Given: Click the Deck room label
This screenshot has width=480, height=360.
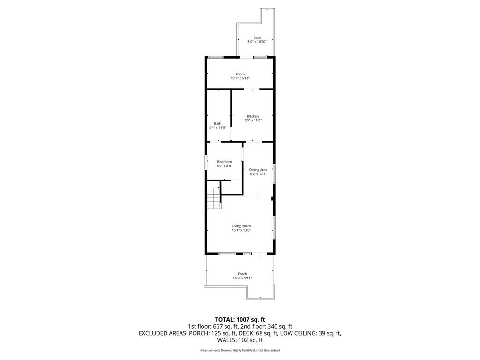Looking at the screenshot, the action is click(x=257, y=37).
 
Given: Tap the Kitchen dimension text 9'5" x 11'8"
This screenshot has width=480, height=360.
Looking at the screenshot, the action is click(x=253, y=120).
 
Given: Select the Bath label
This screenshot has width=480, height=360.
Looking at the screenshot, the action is click(x=217, y=123).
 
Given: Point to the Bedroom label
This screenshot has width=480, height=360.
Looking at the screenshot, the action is click(x=225, y=162).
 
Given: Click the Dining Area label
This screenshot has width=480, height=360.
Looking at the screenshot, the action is click(x=258, y=170).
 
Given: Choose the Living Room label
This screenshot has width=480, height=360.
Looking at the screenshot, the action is click(x=241, y=226).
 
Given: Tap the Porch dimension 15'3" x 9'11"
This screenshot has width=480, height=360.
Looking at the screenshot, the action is click(x=242, y=278).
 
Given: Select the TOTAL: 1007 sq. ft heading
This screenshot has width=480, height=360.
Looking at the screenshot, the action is click(x=240, y=320).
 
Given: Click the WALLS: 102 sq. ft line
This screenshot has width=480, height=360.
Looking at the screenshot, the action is click(x=240, y=340).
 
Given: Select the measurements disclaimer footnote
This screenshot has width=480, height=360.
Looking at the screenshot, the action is click(x=240, y=350).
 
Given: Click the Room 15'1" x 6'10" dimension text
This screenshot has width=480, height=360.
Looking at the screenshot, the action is click(x=240, y=78).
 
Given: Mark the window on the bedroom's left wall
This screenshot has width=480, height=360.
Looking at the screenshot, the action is click(x=206, y=161).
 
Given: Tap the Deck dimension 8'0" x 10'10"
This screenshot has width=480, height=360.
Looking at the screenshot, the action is click(x=257, y=42).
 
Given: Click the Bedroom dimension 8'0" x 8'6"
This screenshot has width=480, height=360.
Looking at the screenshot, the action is click(x=225, y=166).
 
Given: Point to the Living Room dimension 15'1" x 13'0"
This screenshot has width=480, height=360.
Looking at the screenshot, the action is click(x=241, y=230).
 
